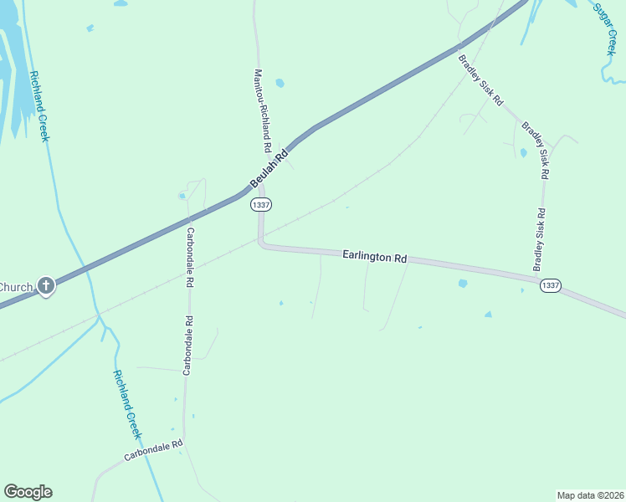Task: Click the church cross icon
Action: click(46, 286)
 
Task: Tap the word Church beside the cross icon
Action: click(16, 287)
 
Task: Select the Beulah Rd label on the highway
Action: click(269, 168)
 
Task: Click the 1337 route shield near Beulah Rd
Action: click(261, 204)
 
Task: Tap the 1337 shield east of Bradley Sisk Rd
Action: click(550, 285)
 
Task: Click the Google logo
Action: click(28, 492)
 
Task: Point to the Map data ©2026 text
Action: click(590, 494)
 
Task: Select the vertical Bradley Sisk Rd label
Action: click(540, 239)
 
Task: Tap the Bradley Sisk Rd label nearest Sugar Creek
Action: click(480, 79)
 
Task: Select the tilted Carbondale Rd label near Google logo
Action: click(153, 452)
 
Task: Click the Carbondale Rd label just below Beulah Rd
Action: click(190, 258)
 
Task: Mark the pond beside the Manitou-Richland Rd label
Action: click(280, 83)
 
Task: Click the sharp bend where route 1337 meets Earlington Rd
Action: click(261, 243)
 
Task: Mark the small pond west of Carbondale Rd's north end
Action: click(182, 196)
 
